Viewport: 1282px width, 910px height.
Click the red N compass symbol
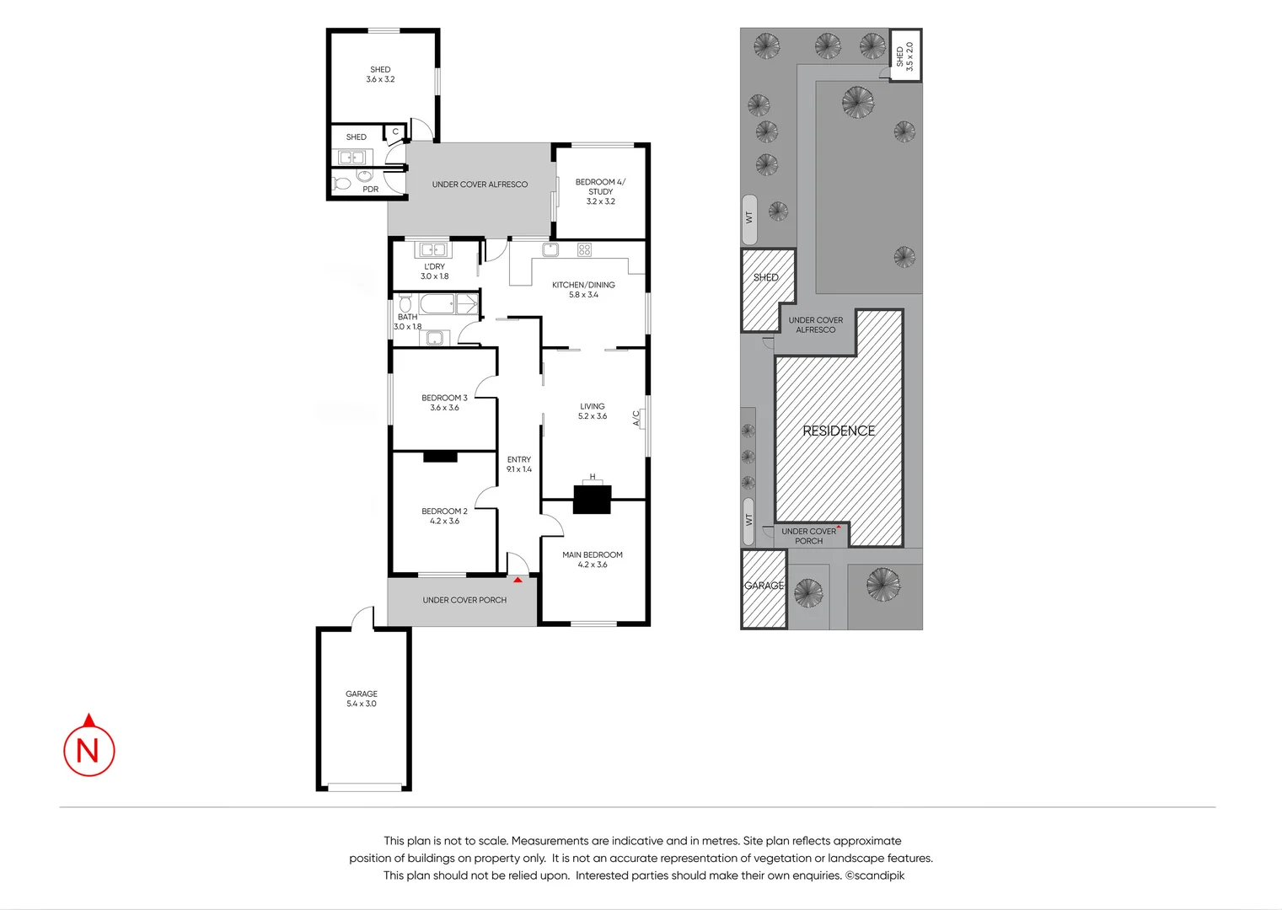point(89,748)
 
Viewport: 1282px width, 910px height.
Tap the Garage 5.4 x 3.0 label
point(362,699)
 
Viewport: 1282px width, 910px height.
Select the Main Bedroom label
point(593,555)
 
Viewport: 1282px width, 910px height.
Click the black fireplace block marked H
point(592,499)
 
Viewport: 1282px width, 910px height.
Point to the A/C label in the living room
point(637,418)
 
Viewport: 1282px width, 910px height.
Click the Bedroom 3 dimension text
point(444,408)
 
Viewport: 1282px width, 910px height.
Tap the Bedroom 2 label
point(444,511)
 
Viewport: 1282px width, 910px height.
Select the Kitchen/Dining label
point(583,285)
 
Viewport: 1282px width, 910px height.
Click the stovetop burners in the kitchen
point(584,249)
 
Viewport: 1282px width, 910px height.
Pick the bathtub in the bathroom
point(437,304)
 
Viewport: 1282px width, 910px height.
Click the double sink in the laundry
point(433,249)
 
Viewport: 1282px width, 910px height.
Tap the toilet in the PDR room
point(342,183)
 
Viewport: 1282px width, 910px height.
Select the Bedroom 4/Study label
point(600,187)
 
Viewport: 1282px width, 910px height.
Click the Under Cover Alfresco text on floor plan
point(480,185)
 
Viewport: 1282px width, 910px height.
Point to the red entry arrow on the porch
point(518,580)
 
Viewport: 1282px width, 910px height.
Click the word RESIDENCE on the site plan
point(839,431)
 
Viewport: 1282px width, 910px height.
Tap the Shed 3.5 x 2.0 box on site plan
point(905,56)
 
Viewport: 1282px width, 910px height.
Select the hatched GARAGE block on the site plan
point(764,588)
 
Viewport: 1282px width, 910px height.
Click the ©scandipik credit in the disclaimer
point(875,875)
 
